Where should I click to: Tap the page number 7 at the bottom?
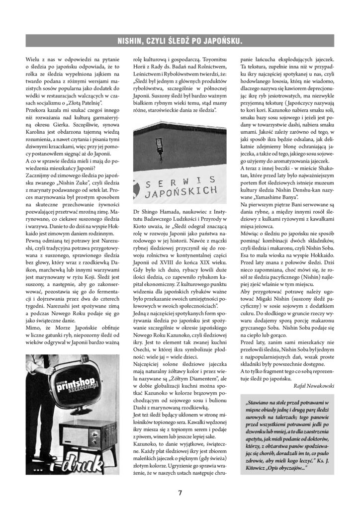(x=180, y=493)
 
